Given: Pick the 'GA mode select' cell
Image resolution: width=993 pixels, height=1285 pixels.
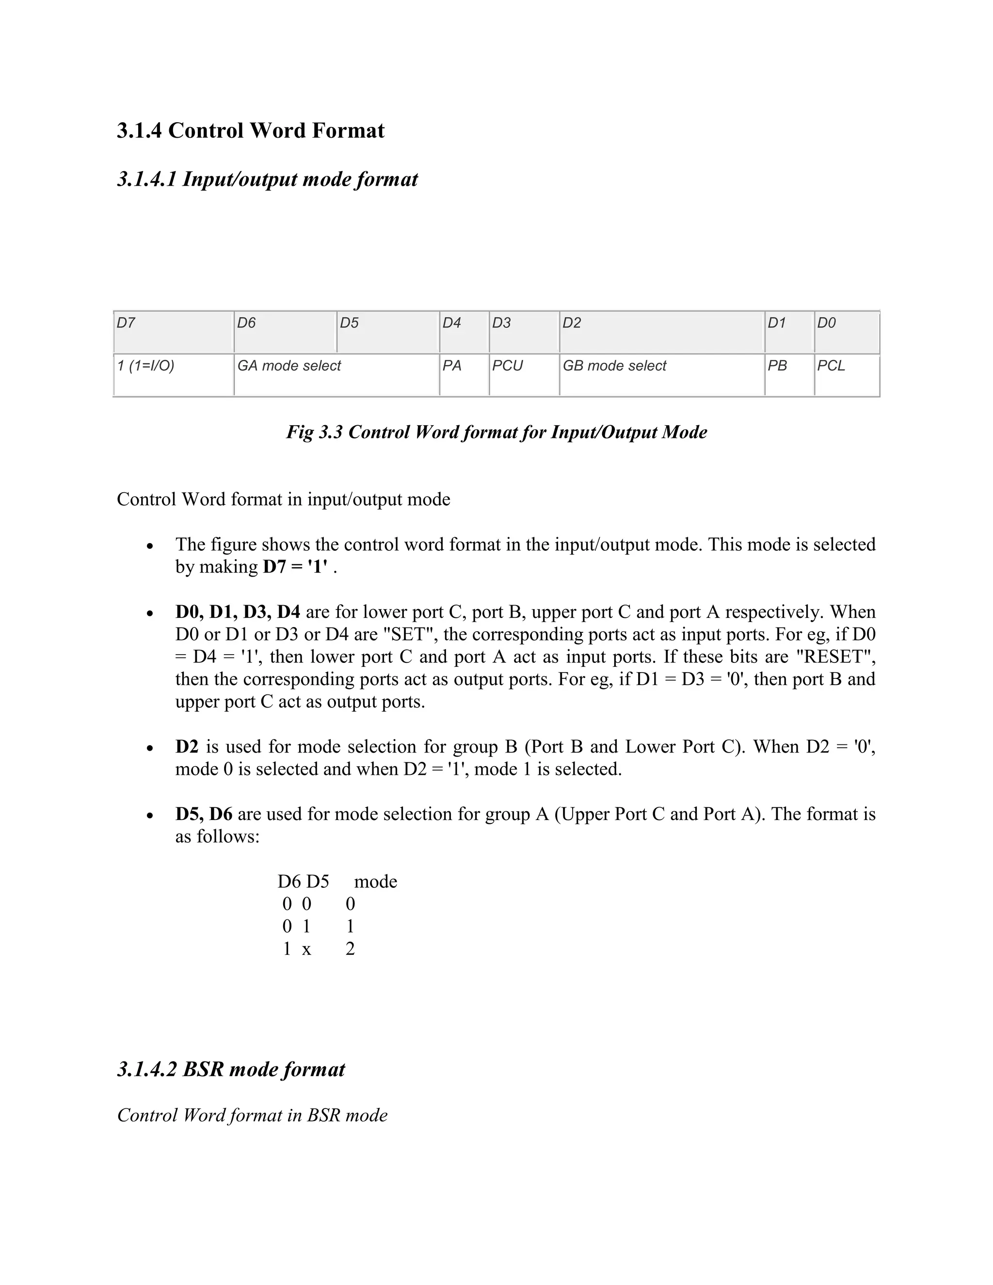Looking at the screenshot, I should (336, 375).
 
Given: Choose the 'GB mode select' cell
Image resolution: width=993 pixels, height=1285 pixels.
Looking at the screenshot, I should (661, 375).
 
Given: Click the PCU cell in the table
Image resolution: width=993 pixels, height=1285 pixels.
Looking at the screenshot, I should (524, 375).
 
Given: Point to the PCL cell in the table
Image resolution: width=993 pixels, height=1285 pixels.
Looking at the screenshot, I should (847, 375).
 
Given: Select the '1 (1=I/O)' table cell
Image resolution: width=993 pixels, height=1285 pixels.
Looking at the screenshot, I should (173, 375).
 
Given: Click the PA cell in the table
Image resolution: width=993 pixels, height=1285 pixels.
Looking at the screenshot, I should (464, 375).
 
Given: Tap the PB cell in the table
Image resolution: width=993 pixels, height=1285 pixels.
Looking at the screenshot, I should (789, 375).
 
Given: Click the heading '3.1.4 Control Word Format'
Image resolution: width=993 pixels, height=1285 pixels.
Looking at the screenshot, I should (251, 130).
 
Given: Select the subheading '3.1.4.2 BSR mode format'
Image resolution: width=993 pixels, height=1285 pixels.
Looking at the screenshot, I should (231, 1069).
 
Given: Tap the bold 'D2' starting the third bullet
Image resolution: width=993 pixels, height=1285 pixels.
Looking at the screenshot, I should (187, 747).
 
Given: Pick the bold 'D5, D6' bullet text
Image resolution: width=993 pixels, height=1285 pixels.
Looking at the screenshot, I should (204, 814).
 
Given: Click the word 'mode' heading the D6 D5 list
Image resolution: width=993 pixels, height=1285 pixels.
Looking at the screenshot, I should (375, 882).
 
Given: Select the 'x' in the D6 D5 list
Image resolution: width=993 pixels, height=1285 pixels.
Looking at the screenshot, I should (306, 949).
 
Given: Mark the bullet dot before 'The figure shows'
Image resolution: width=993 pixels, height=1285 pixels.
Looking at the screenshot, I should (151, 546).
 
